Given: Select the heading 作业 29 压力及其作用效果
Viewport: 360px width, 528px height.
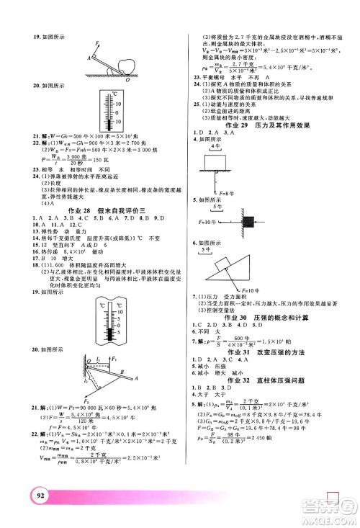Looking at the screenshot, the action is [x=271, y=131].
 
